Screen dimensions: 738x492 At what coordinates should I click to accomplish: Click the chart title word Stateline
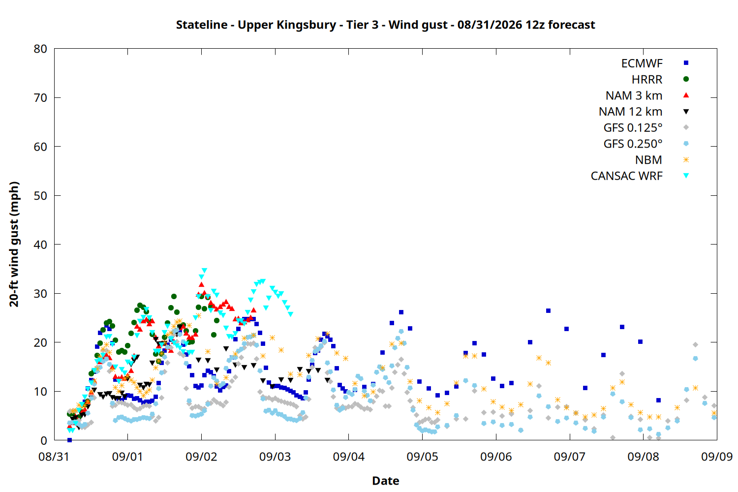202,25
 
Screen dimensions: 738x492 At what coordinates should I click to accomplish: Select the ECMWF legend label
642,63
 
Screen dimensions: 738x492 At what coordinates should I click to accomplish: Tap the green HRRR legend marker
686,79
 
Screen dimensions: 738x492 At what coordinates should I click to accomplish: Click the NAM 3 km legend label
634,95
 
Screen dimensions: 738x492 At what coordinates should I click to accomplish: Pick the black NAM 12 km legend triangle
686,112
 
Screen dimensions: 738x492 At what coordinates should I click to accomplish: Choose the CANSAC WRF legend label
626,176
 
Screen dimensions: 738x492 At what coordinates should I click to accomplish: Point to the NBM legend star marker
686,160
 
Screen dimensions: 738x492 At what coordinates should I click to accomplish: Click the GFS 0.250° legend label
633,144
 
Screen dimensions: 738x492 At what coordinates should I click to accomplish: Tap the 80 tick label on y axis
40,49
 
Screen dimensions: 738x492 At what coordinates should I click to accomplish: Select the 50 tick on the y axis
40,195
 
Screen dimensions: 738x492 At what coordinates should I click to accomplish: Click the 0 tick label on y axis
44,440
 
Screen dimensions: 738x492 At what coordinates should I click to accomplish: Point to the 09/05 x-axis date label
422,457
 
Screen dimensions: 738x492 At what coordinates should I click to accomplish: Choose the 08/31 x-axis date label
54,457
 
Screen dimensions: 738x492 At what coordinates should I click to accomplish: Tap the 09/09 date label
716,457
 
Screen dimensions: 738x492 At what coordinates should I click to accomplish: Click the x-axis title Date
385,481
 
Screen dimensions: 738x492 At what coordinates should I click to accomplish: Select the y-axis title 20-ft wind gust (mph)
14,244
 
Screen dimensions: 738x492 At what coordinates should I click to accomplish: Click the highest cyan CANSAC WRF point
204,271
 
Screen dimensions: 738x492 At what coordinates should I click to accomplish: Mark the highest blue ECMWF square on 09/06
548,311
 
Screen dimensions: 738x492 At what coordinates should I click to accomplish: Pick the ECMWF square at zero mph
69,440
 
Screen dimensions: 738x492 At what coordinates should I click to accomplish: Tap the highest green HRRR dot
174,297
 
